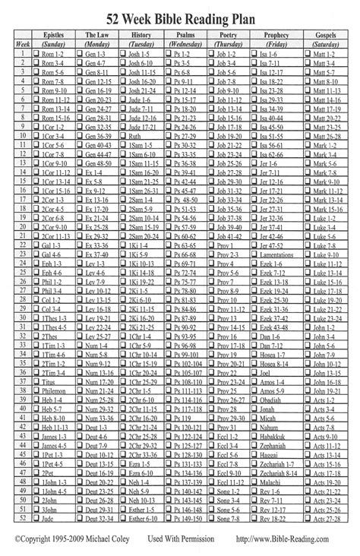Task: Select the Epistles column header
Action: (x=55, y=35)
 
